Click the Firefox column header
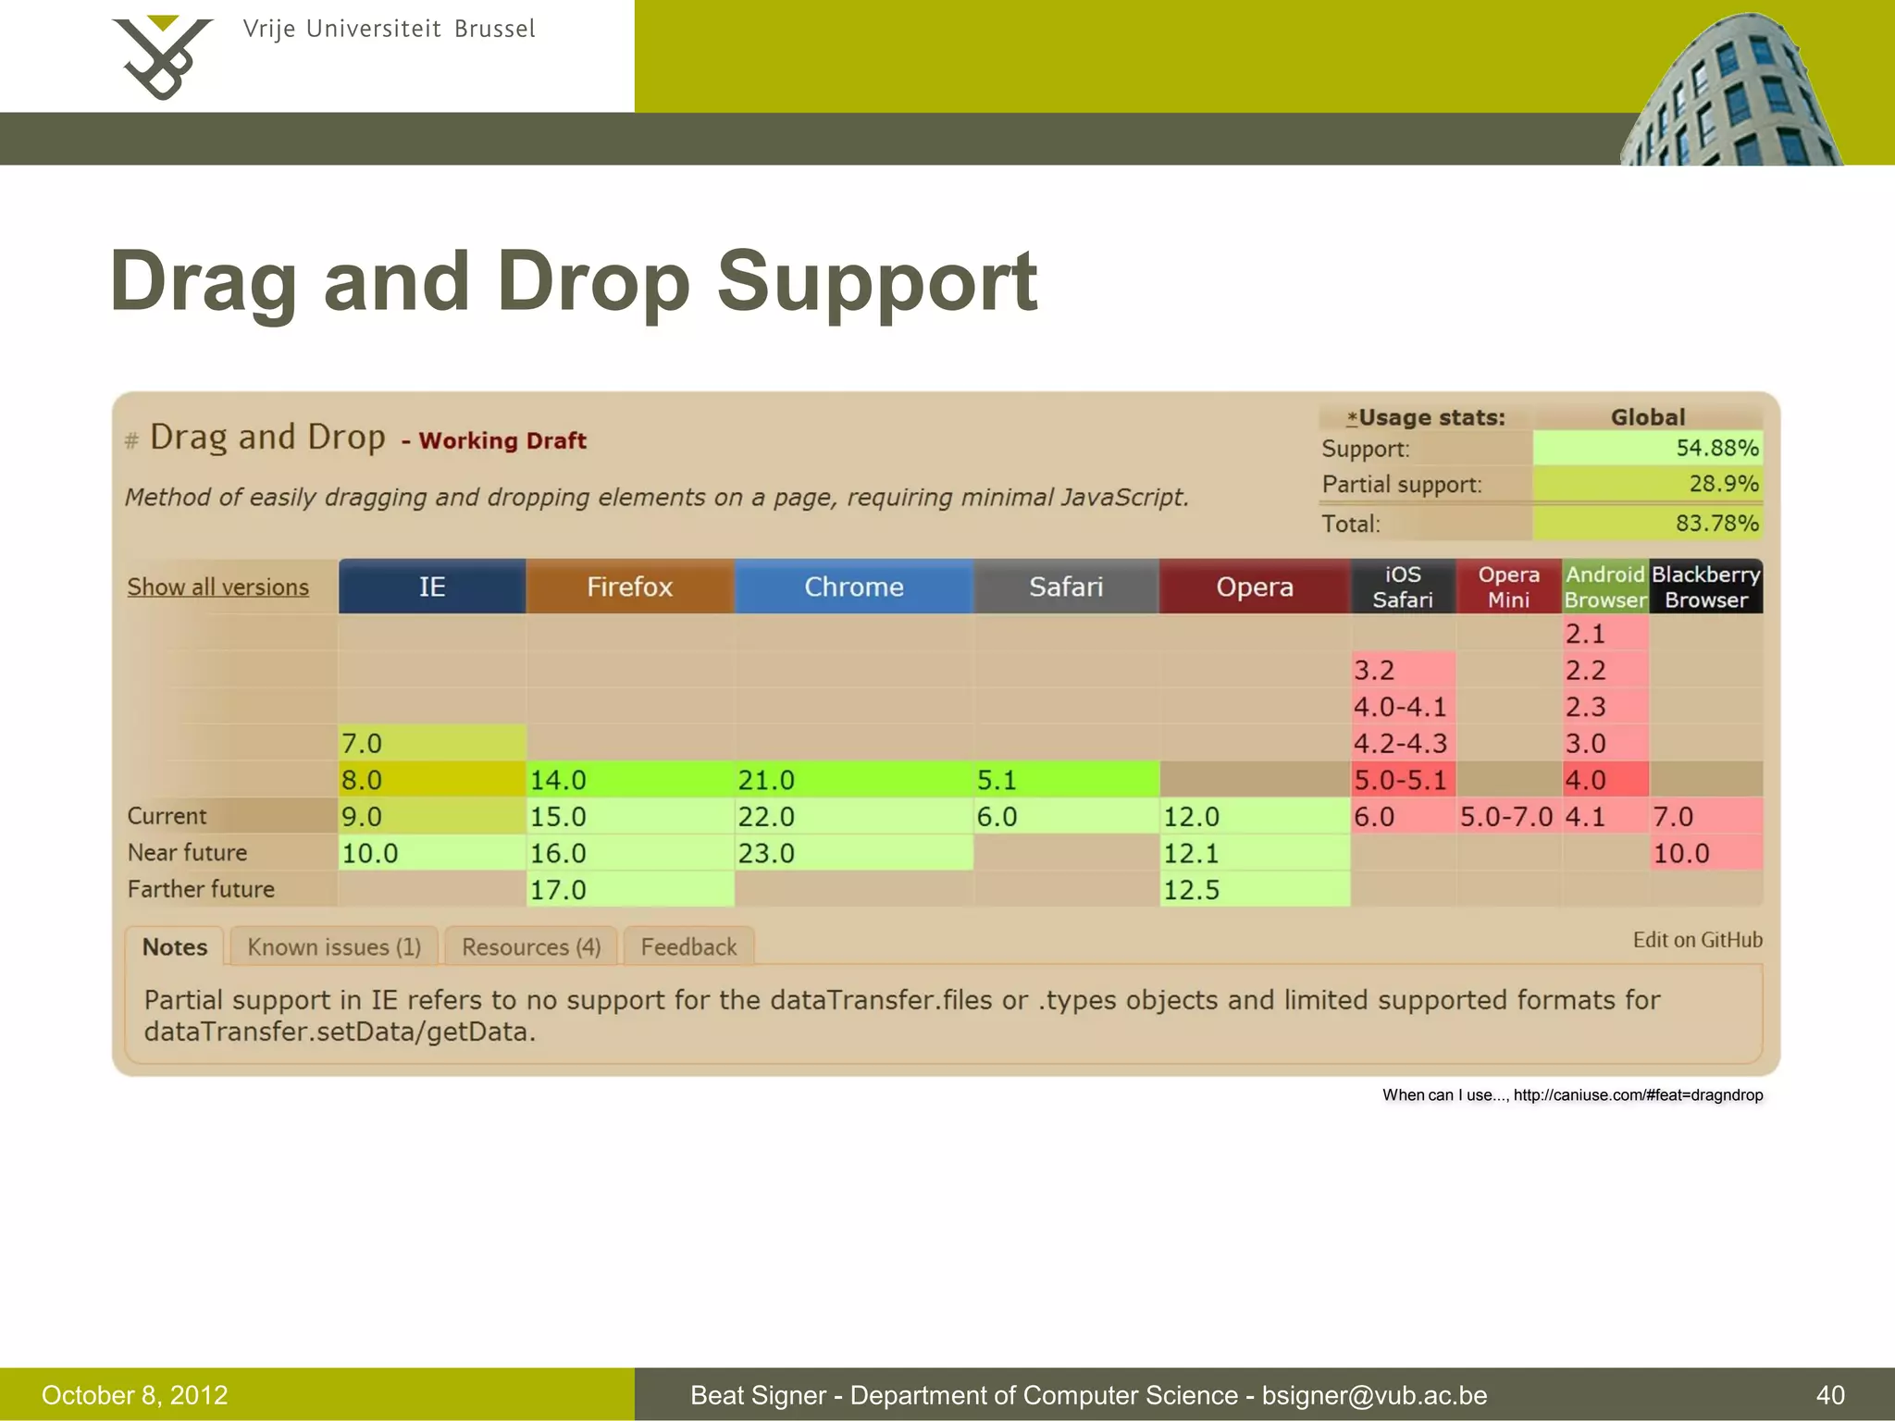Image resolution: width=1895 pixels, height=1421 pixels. pyautogui.click(x=629, y=587)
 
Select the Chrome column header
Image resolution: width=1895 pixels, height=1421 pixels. pyautogui.click(x=853, y=587)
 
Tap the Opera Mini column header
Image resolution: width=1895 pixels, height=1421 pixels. pyautogui.click(x=1508, y=587)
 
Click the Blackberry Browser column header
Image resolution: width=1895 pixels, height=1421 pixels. pyautogui.click(x=1705, y=587)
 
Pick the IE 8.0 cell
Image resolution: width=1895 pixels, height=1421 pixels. pyautogui.click(x=431, y=780)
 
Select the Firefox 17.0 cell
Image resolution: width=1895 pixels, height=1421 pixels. pyautogui.click(x=629, y=889)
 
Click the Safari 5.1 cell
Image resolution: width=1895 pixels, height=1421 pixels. pyautogui.click(x=1066, y=780)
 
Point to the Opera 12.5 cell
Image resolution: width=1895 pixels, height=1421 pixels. pyautogui.click(x=1254, y=889)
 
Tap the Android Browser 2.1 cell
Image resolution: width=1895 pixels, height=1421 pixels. pyautogui.click(x=1604, y=634)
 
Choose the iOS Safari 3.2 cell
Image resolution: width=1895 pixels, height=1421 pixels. pyautogui.click(x=1402, y=670)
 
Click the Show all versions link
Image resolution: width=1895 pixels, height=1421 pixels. pyautogui.click(x=218, y=587)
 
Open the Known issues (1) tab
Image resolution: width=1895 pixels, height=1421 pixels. pyautogui.click(x=334, y=946)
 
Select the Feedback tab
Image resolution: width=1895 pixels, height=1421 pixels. pyautogui.click(x=688, y=946)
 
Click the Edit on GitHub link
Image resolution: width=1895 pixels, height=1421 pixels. pyautogui.click(x=1697, y=940)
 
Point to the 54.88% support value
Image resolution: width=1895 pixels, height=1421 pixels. pyautogui.click(x=1716, y=448)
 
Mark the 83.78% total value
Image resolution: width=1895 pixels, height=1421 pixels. pyautogui.click(x=1716, y=524)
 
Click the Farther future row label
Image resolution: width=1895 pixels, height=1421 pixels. pyautogui.click(x=201, y=889)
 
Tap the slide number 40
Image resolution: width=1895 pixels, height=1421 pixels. pyautogui.click(x=1830, y=1395)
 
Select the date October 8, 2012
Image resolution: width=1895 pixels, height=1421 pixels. pyautogui.click(x=135, y=1395)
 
